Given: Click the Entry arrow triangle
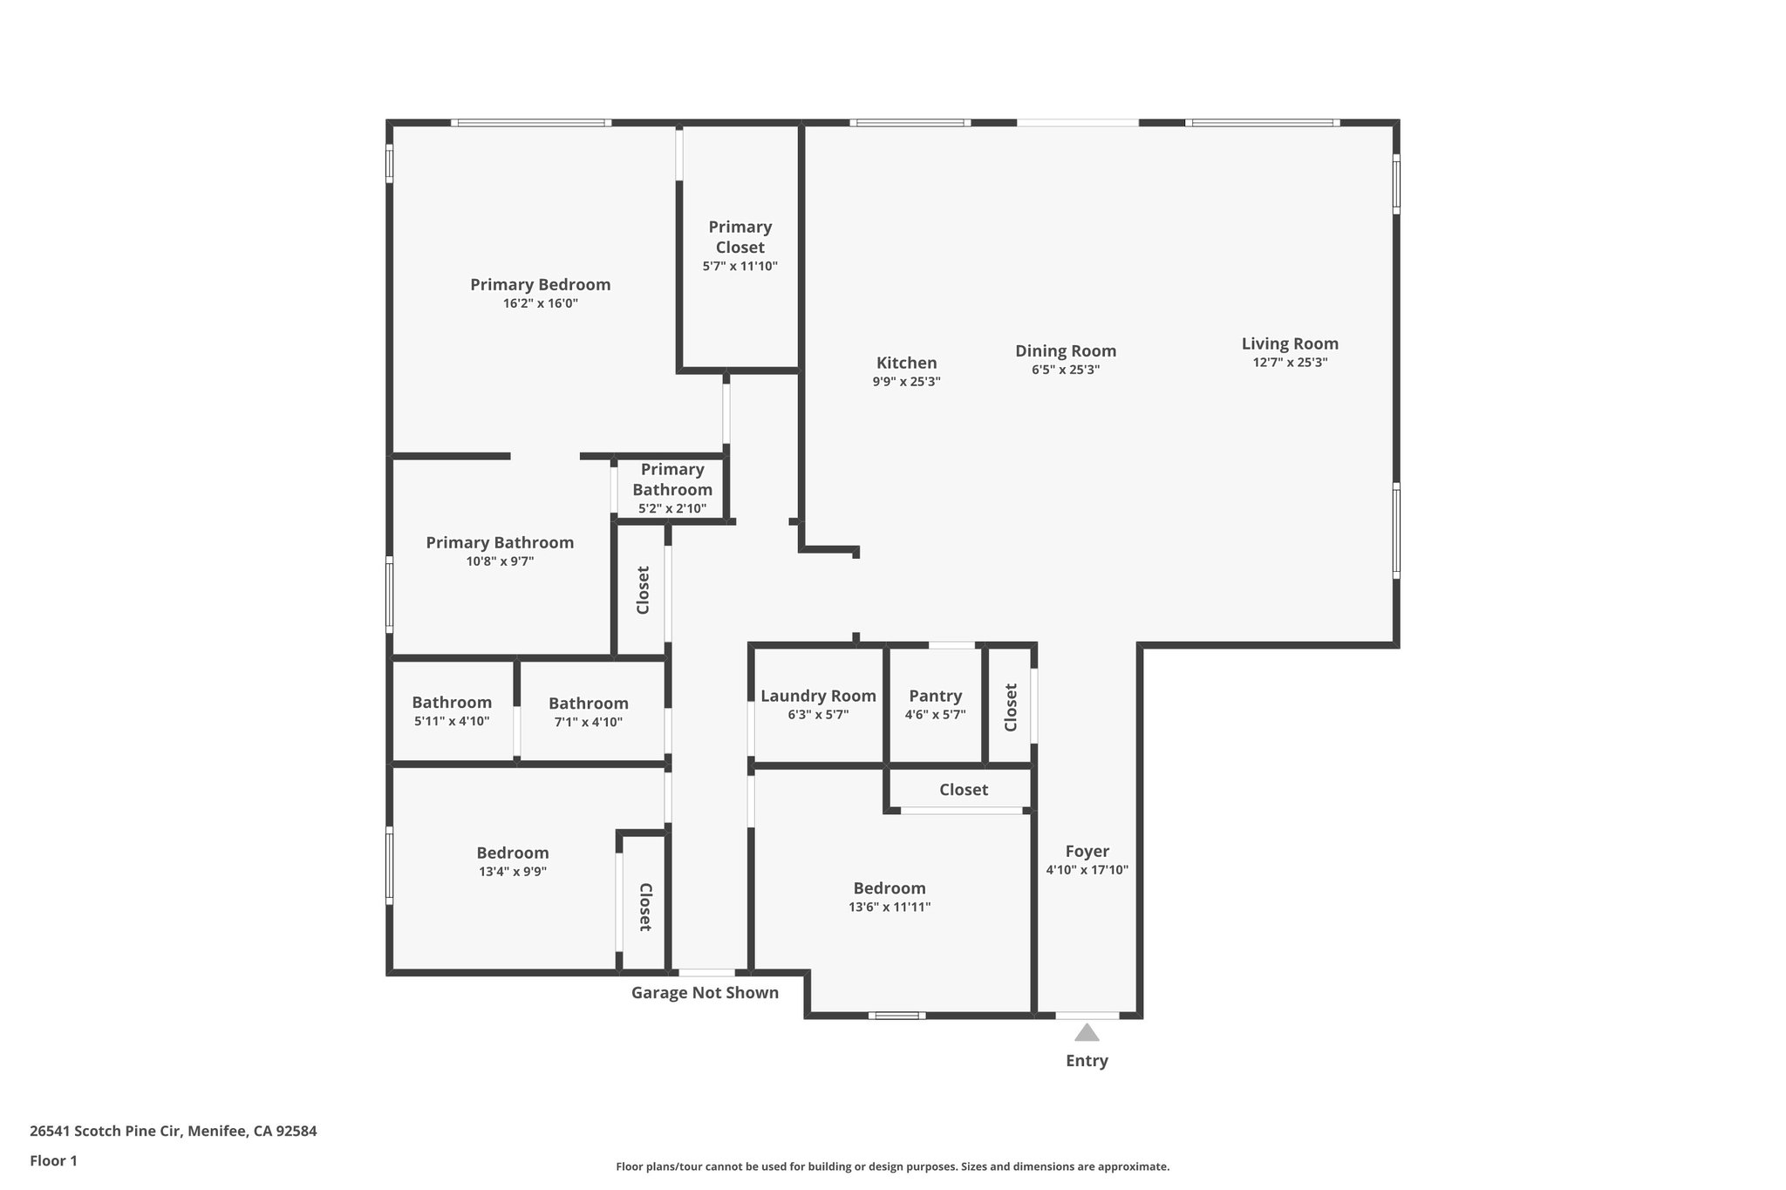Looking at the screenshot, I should (x=1086, y=1033).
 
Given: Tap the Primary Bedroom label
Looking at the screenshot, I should (x=540, y=284).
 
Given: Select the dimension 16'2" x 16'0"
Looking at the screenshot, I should (x=540, y=303).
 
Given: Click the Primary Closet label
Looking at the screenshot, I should (x=740, y=237).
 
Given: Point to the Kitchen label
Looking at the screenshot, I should (x=906, y=363).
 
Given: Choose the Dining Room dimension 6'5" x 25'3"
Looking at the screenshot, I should (x=1065, y=370).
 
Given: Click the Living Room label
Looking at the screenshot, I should (x=1289, y=343).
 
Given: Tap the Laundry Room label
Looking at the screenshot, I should (x=818, y=696).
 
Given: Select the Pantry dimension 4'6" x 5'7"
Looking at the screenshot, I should (x=935, y=715).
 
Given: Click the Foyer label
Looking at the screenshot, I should (x=1087, y=851).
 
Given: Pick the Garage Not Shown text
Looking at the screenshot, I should (x=705, y=992).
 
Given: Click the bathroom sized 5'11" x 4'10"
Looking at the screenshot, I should (x=452, y=711).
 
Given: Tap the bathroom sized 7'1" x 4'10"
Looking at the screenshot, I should (x=588, y=711).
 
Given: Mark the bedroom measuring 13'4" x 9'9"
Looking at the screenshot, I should (x=512, y=860).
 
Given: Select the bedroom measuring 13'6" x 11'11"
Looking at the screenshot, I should (x=889, y=896).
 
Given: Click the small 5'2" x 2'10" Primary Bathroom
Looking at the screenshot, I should (x=671, y=488).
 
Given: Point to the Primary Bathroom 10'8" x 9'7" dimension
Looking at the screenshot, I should (x=500, y=561).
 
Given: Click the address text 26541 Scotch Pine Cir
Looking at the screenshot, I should (x=173, y=1131).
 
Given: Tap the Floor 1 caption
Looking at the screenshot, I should (x=53, y=1160).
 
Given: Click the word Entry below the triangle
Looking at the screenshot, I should (x=1086, y=1060).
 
